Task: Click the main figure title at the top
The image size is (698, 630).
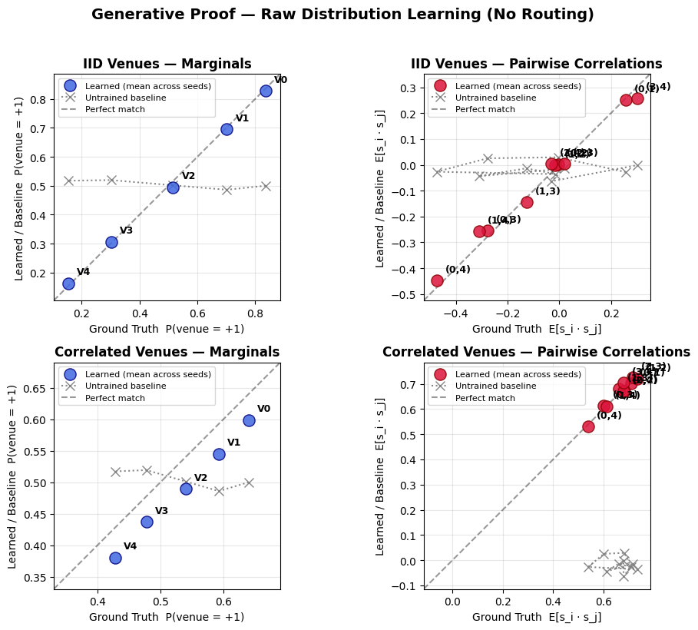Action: pos(342,15)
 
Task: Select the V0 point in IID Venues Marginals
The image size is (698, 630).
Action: pos(266,91)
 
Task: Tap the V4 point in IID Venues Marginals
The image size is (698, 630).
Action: pos(68,283)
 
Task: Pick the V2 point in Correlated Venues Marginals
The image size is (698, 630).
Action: pos(186,489)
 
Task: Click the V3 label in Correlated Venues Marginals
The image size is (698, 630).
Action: pos(161,511)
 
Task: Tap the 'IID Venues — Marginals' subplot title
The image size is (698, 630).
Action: pos(167,65)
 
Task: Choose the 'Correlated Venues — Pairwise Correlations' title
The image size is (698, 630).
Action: pos(536,353)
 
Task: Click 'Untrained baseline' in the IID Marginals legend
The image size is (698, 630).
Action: pos(126,98)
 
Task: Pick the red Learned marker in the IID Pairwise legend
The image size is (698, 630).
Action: pos(440,85)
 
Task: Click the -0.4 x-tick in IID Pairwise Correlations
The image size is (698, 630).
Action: pos(456,313)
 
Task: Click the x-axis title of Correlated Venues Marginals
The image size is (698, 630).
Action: pos(167,617)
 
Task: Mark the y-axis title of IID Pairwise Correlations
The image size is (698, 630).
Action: pos(380,188)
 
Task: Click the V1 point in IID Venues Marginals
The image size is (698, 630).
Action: pos(227,129)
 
